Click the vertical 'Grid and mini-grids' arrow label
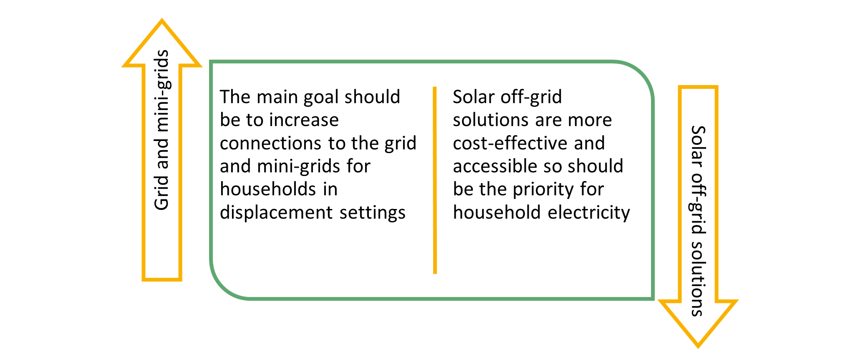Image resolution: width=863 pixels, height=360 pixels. [x=162, y=130]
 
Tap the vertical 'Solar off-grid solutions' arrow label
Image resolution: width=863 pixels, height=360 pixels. [x=698, y=221]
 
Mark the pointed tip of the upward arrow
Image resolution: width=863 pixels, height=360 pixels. [x=162, y=19]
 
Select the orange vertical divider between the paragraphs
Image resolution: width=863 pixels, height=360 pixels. [x=435, y=180]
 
